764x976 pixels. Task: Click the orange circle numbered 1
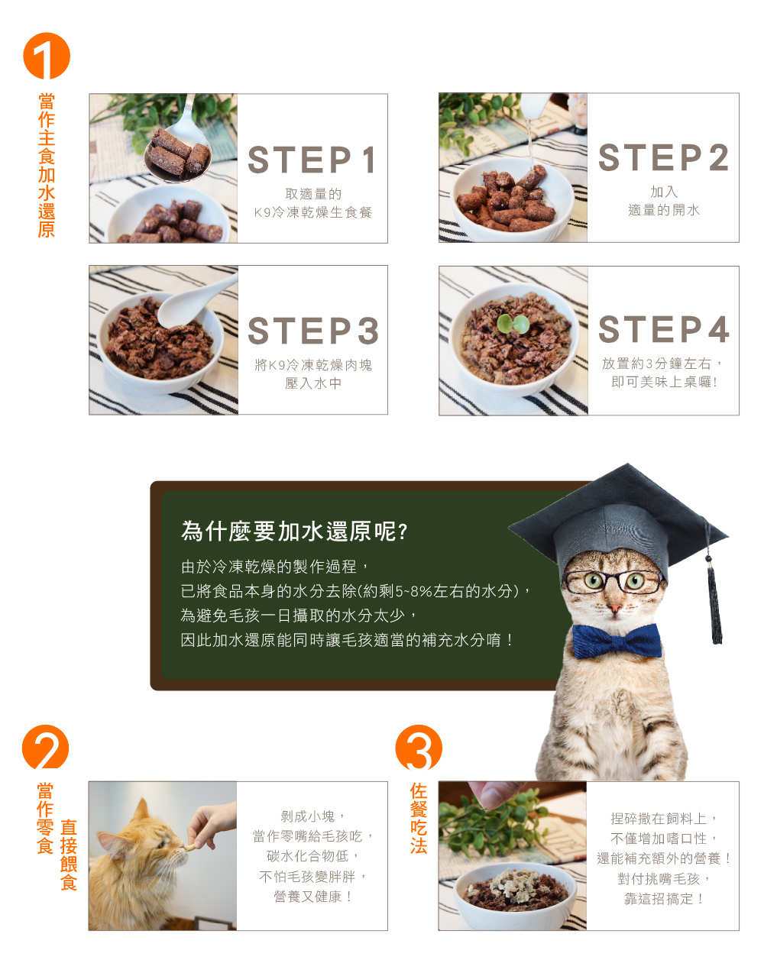pyautogui.click(x=47, y=56)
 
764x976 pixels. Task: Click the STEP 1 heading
pyautogui.click(x=312, y=160)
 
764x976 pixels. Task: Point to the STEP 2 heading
pyautogui.click(x=663, y=157)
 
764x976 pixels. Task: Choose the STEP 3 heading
pyautogui.click(x=313, y=331)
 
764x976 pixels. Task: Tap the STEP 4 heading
pyautogui.click(x=663, y=329)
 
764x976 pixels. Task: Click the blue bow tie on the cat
pyautogui.click(x=617, y=642)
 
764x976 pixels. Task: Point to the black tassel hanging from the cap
pyautogui.click(x=714, y=602)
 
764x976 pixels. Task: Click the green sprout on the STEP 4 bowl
pyautogui.click(x=513, y=324)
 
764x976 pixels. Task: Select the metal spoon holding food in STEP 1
pyautogui.click(x=180, y=144)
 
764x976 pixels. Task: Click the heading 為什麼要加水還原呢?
pyautogui.click(x=294, y=532)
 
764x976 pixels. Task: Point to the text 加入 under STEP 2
pyautogui.click(x=664, y=192)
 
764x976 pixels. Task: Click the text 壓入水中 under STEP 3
pyautogui.click(x=313, y=383)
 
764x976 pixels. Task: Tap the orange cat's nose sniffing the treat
pyautogui.click(x=183, y=848)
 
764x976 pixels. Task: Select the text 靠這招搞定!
pyautogui.click(x=663, y=899)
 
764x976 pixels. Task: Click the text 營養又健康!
pyautogui.click(x=312, y=897)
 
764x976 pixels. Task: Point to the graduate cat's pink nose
pyautogui.click(x=614, y=609)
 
